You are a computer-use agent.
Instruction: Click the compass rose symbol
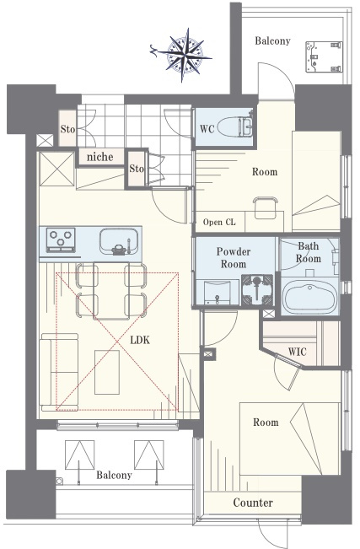click(x=182, y=55)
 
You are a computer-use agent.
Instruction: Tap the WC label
click(x=207, y=128)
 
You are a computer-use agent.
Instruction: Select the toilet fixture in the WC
click(x=235, y=126)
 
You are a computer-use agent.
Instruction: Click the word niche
click(x=99, y=157)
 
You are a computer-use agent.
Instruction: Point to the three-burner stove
click(x=62, y=240)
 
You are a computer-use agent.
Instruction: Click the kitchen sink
click(x=119, y=241)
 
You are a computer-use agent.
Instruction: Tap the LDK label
click(x=140, y=340)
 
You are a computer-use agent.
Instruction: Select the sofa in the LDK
click(x=59, y=372)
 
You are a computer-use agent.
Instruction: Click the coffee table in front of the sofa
click(x=107, y=372)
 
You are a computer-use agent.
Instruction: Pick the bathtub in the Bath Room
click(x=310, y=297)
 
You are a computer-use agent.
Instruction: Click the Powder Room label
click(x=234, y=258)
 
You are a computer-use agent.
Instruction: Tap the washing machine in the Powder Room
click(x=257, y=289)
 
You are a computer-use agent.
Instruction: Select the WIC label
click(x=298, y=352)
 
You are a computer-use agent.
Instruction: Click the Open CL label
click(x=219, y=222)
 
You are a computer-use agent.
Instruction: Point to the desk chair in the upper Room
click(x=266, y=207)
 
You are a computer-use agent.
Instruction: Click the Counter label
click(x=253, y=503)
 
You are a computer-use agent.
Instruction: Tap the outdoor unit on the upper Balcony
click(x=324, y=57)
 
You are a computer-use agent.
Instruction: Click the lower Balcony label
click(x=114, y=475)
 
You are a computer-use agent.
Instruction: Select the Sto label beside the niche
click(x=137, y=169)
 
